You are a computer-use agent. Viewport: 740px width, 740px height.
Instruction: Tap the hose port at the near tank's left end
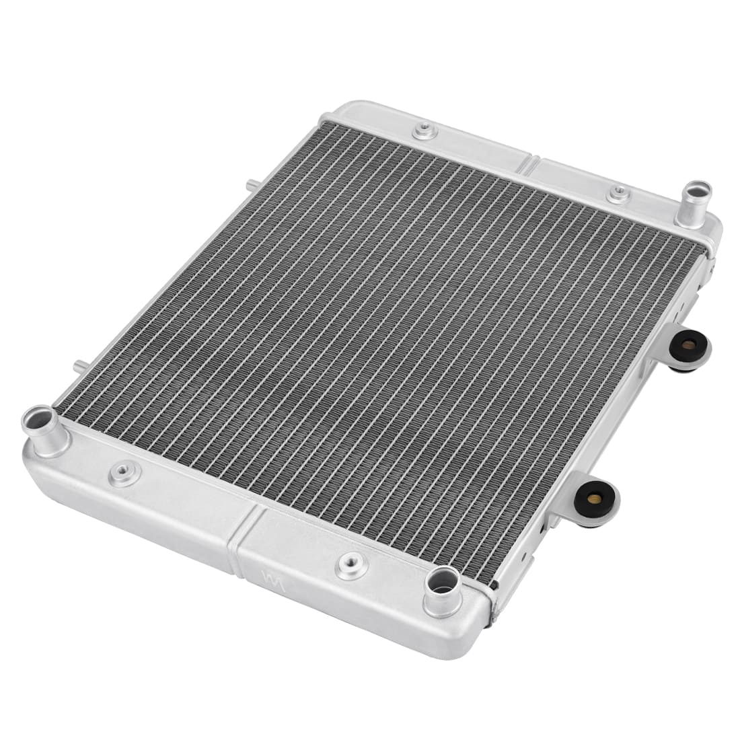tap(45, 431)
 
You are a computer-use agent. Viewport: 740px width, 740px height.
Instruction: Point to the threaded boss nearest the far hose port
tap(618, 194)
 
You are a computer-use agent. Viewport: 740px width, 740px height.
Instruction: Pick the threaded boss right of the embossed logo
tap(352, 566)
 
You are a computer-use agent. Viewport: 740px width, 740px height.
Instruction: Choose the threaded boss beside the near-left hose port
tap(123, 474)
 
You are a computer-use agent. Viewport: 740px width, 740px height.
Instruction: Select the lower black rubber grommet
tap(594, 498)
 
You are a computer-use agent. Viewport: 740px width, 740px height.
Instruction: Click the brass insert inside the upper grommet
tap(688, 345)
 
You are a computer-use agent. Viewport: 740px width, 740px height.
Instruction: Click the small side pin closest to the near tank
tap(79, 367)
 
